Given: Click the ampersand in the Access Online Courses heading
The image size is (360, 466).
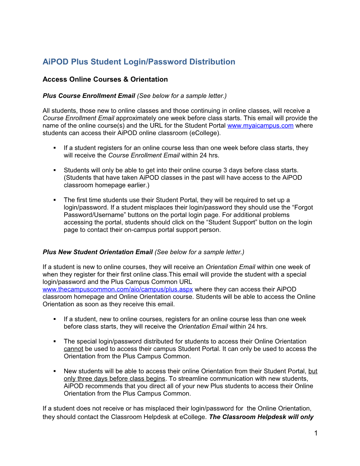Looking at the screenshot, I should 126,79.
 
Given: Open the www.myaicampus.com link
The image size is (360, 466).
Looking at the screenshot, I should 260,126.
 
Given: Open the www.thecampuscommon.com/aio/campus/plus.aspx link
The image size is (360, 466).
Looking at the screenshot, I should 118,289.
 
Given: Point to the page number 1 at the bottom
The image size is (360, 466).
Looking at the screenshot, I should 316,433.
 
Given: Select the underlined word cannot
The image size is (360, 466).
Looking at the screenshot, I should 73,349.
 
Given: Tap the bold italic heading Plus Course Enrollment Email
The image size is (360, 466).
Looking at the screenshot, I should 89,96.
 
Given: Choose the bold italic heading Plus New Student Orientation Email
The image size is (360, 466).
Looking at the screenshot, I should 98,252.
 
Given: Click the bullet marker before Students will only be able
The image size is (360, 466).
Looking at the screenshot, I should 55,170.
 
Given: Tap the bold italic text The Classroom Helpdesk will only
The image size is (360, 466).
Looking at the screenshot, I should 261,417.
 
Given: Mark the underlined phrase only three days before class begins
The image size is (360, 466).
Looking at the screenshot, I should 114,379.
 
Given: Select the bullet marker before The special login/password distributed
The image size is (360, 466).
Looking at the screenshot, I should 55,341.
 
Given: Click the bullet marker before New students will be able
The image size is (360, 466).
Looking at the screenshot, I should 55,371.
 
